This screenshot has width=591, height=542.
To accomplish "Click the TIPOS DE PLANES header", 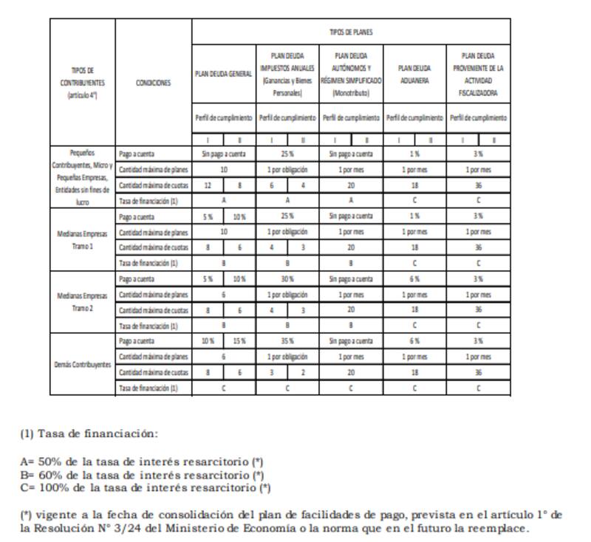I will click(351, 32).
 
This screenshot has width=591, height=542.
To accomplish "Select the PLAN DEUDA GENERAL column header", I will click(224, 75).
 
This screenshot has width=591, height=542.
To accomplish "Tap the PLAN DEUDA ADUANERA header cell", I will click(414, 75).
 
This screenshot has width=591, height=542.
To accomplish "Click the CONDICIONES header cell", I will click(154, 83).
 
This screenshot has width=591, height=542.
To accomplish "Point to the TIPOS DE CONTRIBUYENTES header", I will click(82, 83).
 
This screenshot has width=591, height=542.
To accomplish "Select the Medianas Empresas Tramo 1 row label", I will click(82, 240).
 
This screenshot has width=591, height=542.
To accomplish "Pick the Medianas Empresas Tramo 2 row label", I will click(82, 302).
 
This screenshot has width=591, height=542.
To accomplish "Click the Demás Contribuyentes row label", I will click(82, 365).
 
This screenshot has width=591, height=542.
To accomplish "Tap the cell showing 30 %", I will click(287, 279).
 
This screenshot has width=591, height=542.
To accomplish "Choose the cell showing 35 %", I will click(287, 341).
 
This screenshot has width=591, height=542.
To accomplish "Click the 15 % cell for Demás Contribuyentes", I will click(239, 341).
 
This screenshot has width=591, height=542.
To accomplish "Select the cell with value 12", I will click(208, 185).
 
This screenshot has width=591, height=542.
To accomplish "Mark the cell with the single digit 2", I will click(303, 373).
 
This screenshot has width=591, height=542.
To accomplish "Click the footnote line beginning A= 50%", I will click(141, 462).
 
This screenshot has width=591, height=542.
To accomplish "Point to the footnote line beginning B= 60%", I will click(141, 475).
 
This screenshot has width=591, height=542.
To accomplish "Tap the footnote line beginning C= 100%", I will click(145, 488).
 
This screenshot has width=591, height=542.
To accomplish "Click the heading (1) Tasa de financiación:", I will click(89, 433).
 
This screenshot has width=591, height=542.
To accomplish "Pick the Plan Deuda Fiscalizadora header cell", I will click(479, 75).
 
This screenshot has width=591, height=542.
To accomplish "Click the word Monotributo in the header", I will click(351, 94).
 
